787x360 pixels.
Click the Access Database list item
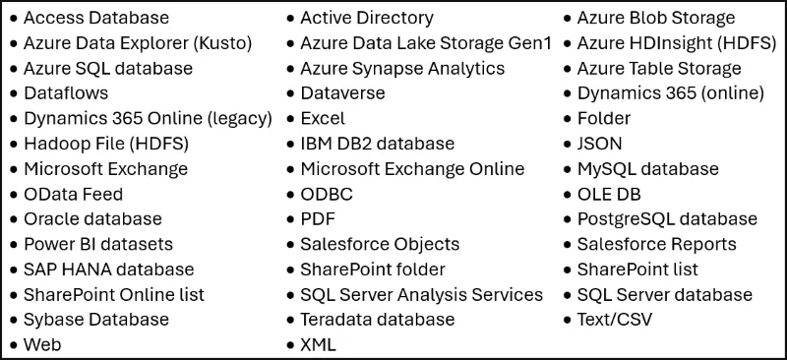[95, 18]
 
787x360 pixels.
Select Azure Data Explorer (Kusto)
[137, 43]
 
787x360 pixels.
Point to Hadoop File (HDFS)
[105, 144]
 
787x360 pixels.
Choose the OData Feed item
[73, 194]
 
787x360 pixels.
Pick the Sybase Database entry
[95, 320]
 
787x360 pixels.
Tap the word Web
[41, 345]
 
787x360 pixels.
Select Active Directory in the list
[366, 18]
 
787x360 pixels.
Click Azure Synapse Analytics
[401, 69]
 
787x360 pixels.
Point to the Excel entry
[323, 119]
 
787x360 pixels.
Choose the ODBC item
[326, 194]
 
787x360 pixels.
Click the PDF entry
[317, 219]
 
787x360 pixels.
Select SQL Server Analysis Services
[421, 295]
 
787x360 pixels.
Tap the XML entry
[318, 345]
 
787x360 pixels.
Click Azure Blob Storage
[655, 18]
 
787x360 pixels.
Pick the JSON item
[599, 144]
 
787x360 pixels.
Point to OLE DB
[609, 194]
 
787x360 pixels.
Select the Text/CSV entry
[614, 320]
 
